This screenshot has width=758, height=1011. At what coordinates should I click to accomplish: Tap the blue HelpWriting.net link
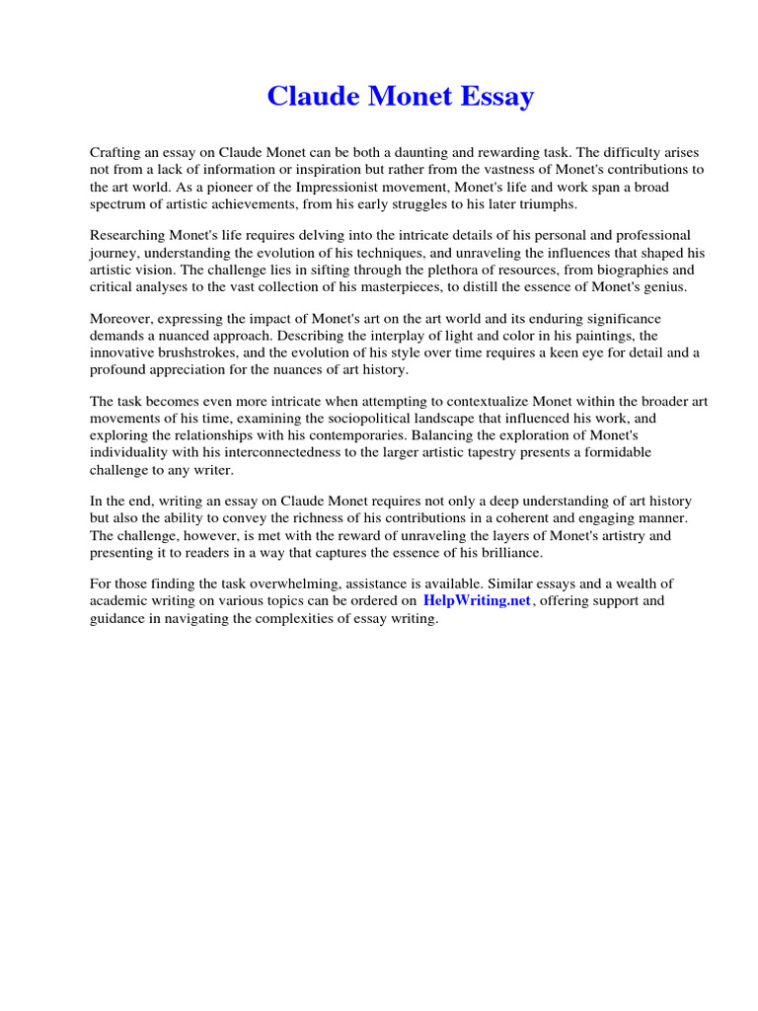click(478, 600)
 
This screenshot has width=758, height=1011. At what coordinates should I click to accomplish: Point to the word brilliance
click(507, 552)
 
